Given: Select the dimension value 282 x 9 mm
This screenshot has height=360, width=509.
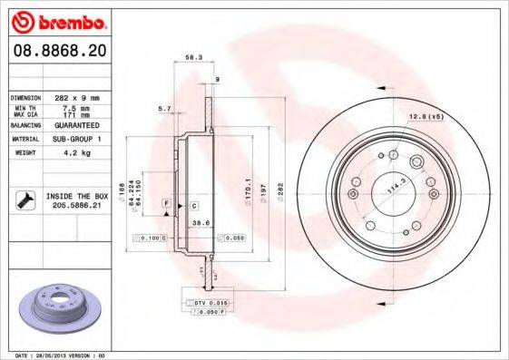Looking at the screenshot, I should pyautogui.click(x=75, y=96).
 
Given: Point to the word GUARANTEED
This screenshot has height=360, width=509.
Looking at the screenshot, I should pyautogui.click(x=77, y=125).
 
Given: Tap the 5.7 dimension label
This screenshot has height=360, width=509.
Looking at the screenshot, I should pyautogui.click(x=164, y=108).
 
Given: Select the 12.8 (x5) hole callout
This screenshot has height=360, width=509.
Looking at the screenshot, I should pyautogui.click(x=425, y=117).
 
